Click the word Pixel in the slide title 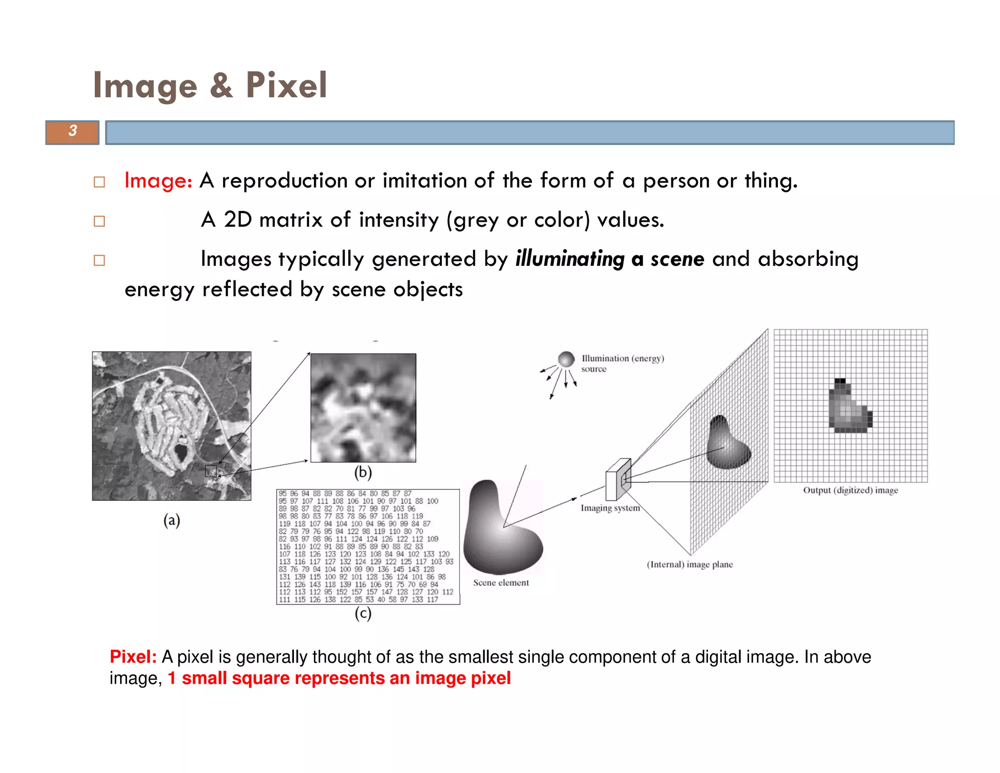point(286,86)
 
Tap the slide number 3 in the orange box point(73,131)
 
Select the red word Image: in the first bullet point(158,181)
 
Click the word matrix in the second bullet point(291,220)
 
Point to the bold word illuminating point(570,259)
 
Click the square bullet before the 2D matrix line point(99,221)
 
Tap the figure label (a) point(171,520)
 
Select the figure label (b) point(363,472)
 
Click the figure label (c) point(363,613)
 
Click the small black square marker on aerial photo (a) point(211,471)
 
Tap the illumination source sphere point(566,359)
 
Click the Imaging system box point(618,479)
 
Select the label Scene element point(501,583)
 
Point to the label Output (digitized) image point(851,490)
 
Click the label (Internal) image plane point(689,565)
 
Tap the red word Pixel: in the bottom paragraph point(133,657)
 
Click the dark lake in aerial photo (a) point(181,452)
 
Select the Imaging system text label point(610,508)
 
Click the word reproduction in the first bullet point(284,181)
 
